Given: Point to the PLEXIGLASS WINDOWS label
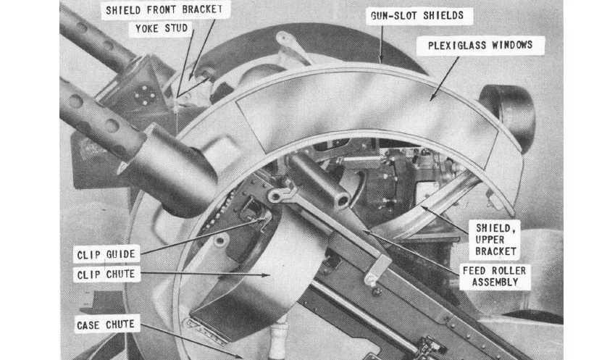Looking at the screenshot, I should [x=480, y=45].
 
